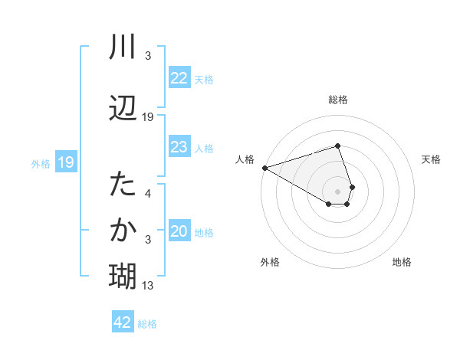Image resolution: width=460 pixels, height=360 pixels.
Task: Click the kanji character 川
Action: [123, 48]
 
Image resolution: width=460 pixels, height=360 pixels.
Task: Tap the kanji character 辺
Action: [123, 108]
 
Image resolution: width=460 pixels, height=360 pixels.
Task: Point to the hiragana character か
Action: [123, 229]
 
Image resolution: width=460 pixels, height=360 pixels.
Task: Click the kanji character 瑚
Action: [123, 274]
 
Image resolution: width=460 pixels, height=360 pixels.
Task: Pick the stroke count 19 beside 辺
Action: [148, 117]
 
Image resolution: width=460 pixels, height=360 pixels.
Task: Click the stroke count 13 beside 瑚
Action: [148, 286]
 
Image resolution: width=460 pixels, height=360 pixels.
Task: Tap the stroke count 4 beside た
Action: [148, 194]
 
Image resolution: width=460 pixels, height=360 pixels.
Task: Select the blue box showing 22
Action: [179, 78]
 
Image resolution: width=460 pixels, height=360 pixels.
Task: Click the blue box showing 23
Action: [179, 147]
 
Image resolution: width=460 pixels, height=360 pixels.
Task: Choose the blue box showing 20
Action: [179, 232]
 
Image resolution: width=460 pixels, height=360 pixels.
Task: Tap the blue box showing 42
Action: [123, 322]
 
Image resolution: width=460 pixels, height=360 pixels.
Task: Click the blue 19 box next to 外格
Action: [66, 162]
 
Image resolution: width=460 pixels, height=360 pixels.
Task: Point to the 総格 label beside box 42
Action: [147, 324]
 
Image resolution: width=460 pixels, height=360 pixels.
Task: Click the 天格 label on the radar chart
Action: [431, 159]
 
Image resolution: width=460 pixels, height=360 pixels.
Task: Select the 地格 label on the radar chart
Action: [402, 262]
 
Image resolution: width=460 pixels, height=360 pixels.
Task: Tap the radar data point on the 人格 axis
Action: [264, 167]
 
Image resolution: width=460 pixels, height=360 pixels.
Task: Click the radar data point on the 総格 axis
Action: [337, 146]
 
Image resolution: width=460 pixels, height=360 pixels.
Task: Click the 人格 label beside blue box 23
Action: [203, 148]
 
